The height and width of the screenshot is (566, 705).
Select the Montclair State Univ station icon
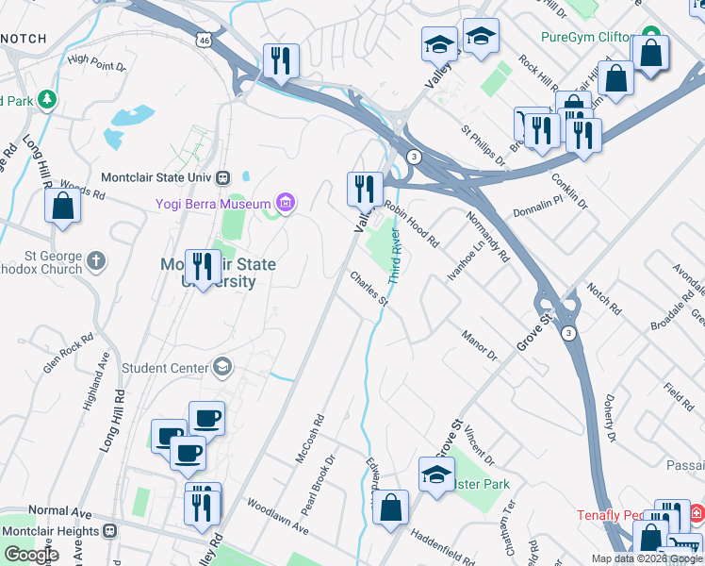click(224, 177)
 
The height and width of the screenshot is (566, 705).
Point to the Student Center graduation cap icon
click(222, 366)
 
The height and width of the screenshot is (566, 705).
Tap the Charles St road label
click(369, 289)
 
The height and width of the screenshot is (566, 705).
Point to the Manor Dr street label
click(479, 344)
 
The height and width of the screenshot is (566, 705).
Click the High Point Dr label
click(97, 61)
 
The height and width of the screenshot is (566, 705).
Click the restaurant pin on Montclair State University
click(200, 267)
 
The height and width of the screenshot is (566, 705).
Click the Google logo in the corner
click(32, 555)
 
